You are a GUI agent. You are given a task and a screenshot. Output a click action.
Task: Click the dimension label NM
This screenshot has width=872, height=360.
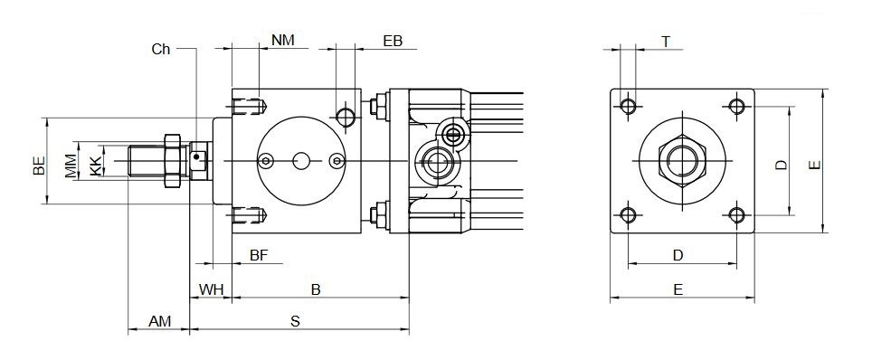click(282, 40)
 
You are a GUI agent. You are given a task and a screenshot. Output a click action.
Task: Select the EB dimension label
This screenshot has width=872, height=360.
click(393, 41)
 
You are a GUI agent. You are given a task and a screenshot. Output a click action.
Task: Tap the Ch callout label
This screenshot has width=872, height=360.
click(161, 50)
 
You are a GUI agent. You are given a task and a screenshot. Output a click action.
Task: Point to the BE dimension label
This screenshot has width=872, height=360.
click(39, 166)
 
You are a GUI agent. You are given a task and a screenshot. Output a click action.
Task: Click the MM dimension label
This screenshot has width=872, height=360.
click(71, 166)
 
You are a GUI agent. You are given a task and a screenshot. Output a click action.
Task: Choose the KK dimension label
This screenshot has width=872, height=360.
click(96, 166)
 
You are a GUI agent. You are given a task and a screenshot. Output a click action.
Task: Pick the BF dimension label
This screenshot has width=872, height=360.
click(259, 255)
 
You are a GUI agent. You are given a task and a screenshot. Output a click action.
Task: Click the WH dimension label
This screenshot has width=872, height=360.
click(211, 289)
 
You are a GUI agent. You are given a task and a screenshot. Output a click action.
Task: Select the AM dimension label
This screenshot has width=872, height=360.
click(159, 321)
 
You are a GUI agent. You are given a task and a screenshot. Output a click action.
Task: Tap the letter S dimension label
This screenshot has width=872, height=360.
click(296, 321)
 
